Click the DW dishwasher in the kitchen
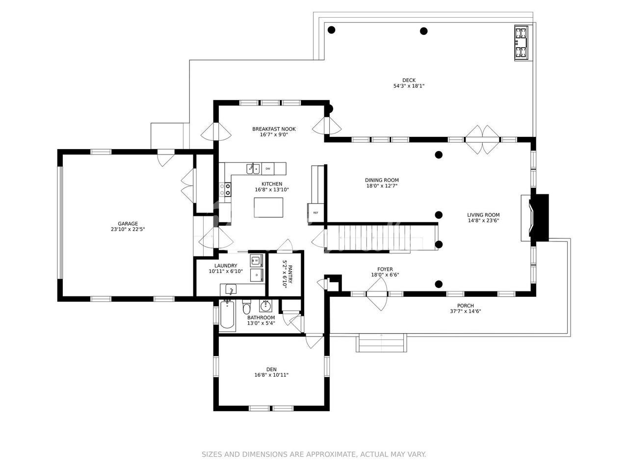tap(267, 169)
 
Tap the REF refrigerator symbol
tap(315, 212)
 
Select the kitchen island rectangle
tap(268, 208)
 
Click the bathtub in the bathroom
tap(228, 315)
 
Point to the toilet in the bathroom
tap(246, 307)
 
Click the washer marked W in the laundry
tap(256, 261)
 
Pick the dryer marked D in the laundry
tap(256, 275)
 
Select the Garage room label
tap(128, 224)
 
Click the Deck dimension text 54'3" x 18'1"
tap(409, 86)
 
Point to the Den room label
tap(271, 369)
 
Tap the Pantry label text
tap(290, 274)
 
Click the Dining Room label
tap(382, 180)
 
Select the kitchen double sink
tap(253, 169)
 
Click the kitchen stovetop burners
tap(225, 189)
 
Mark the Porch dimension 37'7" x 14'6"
tap(466, 311)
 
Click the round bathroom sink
tap(266, 306)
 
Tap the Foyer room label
tap(385, 269)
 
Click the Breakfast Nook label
tap(274, 129)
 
